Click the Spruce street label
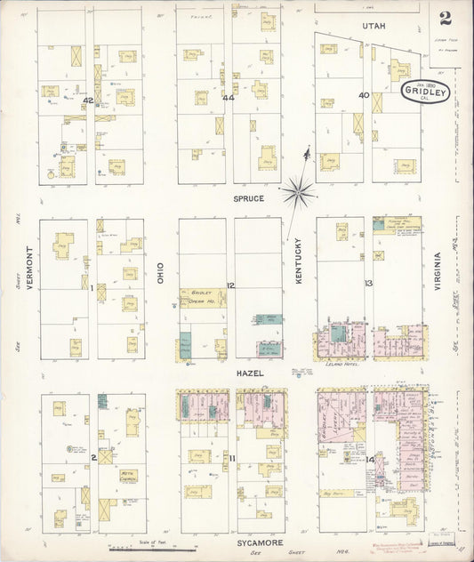tap(249, 198)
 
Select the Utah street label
tap(374, 28)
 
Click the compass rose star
tap(300, 189)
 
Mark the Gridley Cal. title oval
tap(425, 92)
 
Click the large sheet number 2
tap(443, 19)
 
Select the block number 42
tap(87, 100)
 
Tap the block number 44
tap(229, 97)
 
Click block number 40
tap(364, 95)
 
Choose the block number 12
tap(229, 285)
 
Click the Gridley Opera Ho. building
tap(204, 297)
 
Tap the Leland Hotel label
tap(341, 365)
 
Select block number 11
tap(231, 458)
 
